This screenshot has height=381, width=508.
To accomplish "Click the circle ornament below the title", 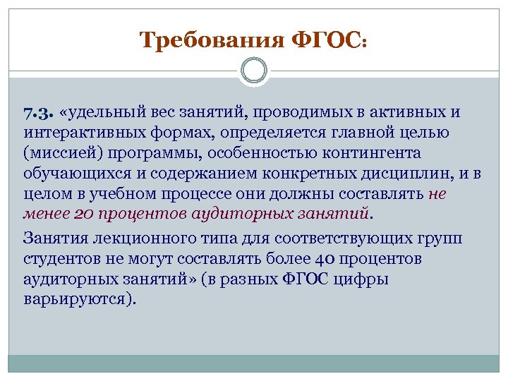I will coord(253,71).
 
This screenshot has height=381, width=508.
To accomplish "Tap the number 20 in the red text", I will coord(83,213).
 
